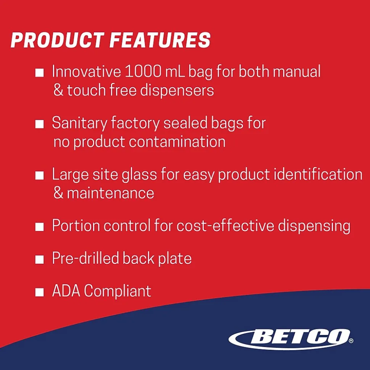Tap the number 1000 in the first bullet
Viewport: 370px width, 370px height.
[x=143, y=71]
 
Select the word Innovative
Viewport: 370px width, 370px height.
[x=87, y=71]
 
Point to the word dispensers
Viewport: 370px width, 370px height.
[x=177, y=91]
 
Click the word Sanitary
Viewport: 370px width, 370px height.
[x=79, y=123]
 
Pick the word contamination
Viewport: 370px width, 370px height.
[x=177, y=142]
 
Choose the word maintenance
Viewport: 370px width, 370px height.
[x=111, y=193]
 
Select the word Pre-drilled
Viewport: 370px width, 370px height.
[x=85, y=258]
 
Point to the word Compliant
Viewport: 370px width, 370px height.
[x=117, y=291]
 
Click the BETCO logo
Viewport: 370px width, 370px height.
[x=291, y=339]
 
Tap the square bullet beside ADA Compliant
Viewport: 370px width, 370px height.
[x=39, y=292]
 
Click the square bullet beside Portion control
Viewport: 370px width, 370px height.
[x=39, y=227]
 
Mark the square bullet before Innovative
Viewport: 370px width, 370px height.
[x=39, y=72]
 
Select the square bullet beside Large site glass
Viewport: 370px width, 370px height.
[x=39, y=176]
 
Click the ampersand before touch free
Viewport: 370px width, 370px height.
[x=58, y=90]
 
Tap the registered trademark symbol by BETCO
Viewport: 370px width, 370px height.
[x=351, y=340]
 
